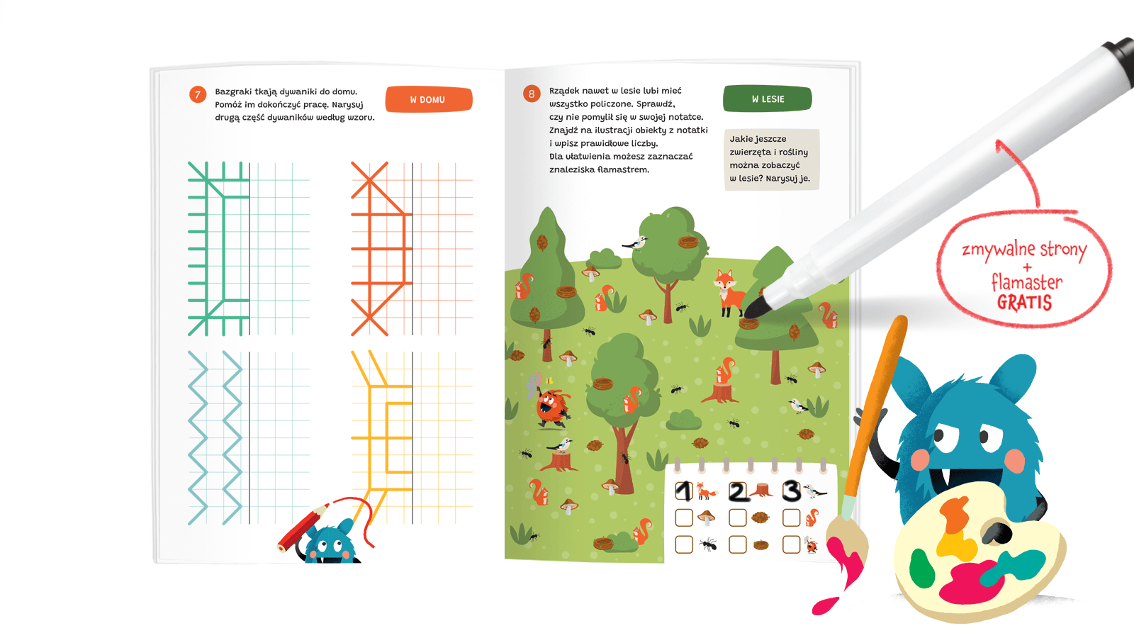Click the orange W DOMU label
(x=429, y=99)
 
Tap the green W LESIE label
(x=768, y=99)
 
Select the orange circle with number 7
(x=198, y=95)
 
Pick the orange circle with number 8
(x=532, y=94)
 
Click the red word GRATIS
(x=1025, y=302)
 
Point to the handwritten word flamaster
(x=1027, y=281)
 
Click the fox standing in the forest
(x=729, y=293)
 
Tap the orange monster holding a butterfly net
(x=551, y=403)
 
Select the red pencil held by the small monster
(x=303, y=526)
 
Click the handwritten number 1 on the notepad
(x=684, y=491)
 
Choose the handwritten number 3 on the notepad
(x=791, y=490)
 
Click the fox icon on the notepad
(x=705, y=491)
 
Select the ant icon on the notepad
(x=708, y=544)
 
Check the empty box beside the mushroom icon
(x=684, y=517)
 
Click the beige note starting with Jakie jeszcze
(x=772, y=159)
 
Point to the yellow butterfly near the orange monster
(x=549, y=380)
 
